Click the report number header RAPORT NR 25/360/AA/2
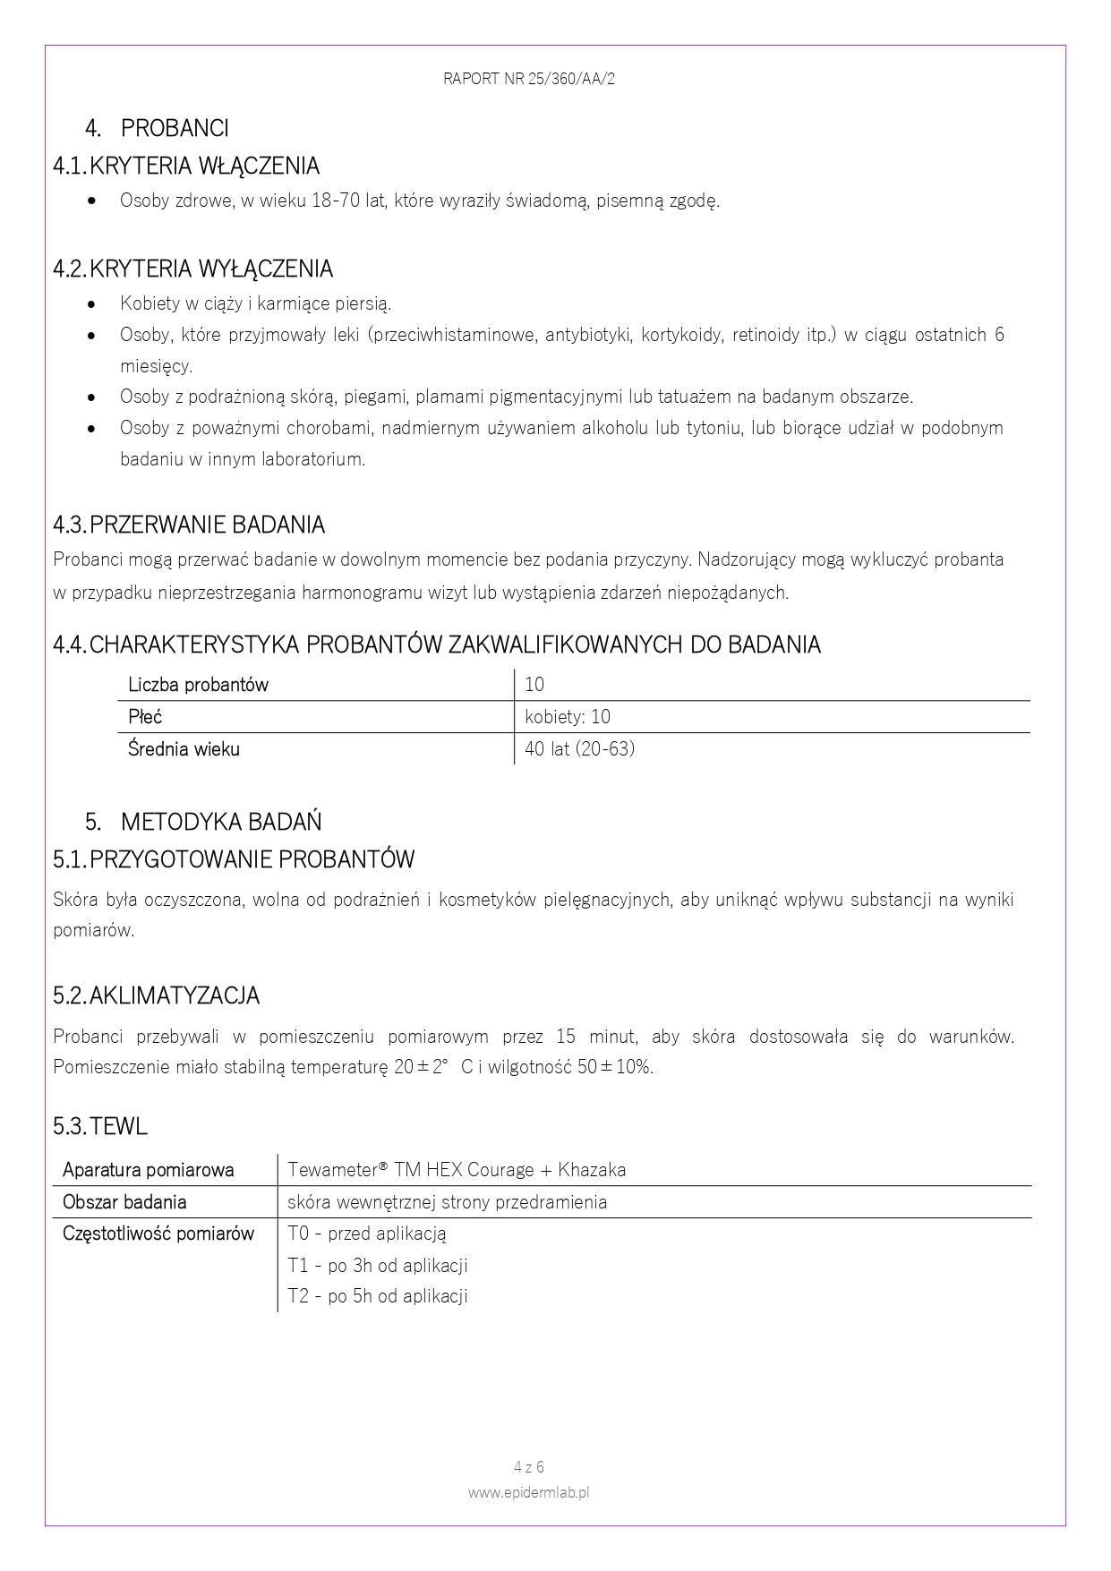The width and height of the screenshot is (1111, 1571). [x=528, y=79]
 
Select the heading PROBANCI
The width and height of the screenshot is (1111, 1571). [x=175, y=129]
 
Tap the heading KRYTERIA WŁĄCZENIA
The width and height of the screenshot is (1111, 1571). [x=204, y=166]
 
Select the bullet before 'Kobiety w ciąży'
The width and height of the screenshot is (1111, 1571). [x=92, y=304]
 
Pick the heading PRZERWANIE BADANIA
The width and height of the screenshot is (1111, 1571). [x=207, y=525]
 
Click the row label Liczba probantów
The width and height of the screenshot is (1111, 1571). [x=198, y=685]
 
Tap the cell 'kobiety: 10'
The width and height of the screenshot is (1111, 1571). [x=568, y=717]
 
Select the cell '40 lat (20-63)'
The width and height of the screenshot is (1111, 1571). [x=579, y=748]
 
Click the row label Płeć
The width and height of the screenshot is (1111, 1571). [x=145, y=717]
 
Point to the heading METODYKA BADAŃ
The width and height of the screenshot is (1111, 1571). [x=221, y=822]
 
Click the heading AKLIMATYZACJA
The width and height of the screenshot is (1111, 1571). [x=175, y=995]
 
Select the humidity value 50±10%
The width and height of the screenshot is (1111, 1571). [x=615, y=1067]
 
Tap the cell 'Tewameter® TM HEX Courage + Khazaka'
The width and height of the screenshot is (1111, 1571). [x=457, y=1170]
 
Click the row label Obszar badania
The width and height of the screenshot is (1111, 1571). [x=124, y=1202]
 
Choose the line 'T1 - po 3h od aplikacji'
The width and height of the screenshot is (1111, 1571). [x=378, y=1266]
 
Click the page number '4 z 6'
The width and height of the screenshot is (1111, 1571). [x=529, y=1467]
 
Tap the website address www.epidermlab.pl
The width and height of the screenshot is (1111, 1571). [x=528, y=1492]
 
